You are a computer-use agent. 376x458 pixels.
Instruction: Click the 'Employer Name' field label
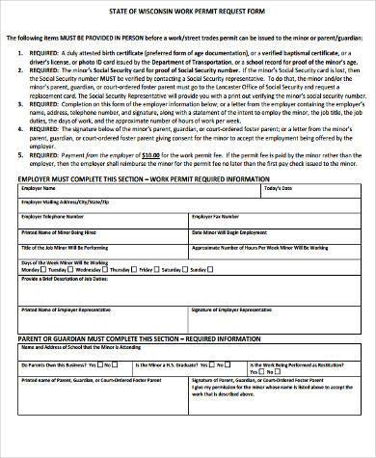39,216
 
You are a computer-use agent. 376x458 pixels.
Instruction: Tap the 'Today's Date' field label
279,216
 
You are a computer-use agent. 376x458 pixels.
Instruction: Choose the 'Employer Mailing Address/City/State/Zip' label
66,230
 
